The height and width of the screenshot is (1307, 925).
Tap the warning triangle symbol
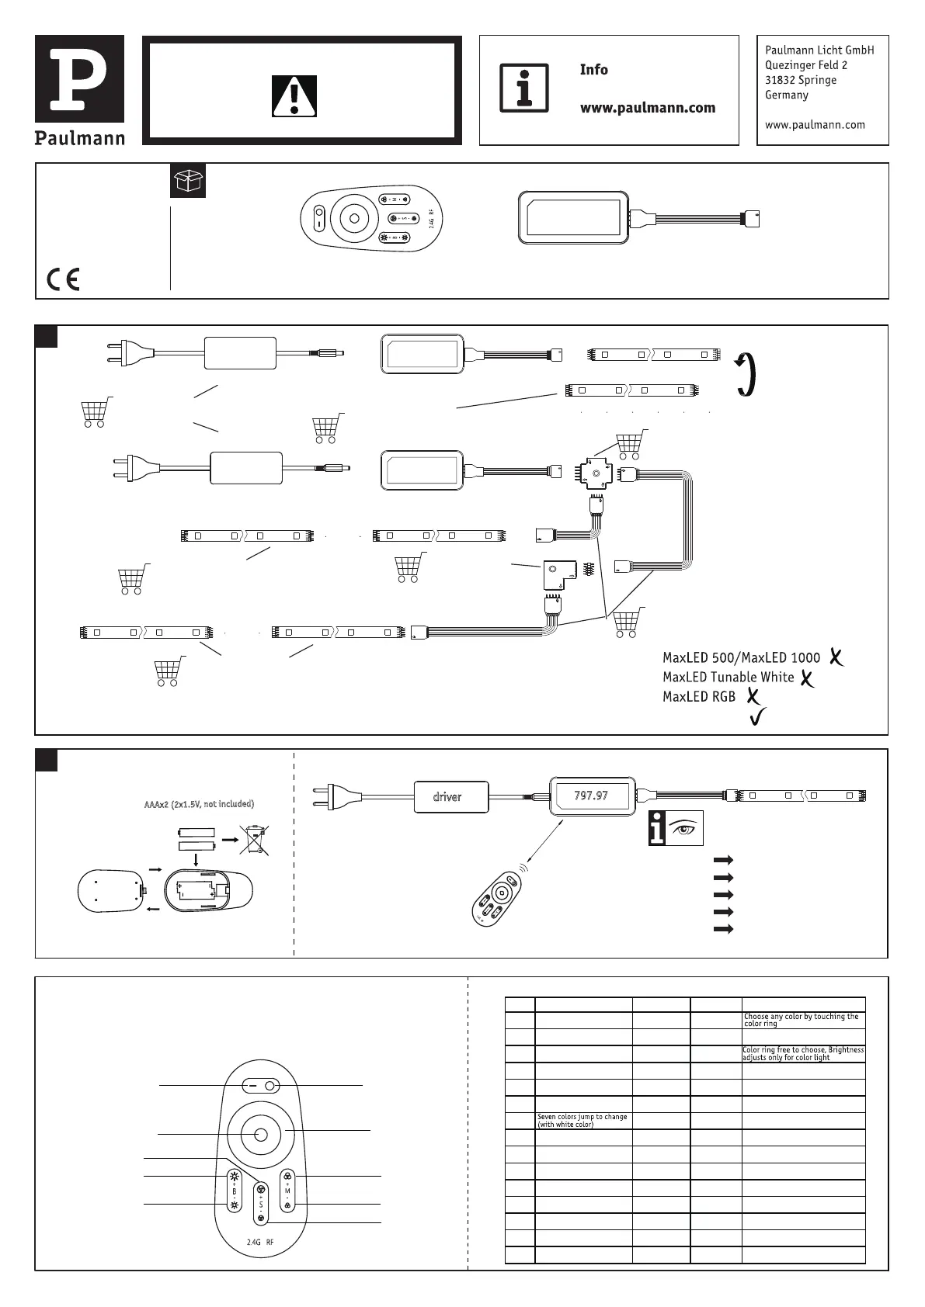click(x=294, y=96)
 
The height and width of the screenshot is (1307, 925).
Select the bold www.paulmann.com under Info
click(x=647, y=108)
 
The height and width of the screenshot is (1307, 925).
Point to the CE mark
click(x=63, y=279)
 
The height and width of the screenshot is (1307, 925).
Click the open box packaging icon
click(x=187, y=181)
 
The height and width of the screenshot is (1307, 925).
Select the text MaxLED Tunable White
click(x=728, y=678)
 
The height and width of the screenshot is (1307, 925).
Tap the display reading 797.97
click(x=591, y=796)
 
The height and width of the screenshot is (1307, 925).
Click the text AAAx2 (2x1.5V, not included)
click(x=200, y=804)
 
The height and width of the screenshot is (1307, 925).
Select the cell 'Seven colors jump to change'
click(x=582, y=1120)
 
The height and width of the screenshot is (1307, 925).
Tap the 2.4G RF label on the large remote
click(x=260, y=1243)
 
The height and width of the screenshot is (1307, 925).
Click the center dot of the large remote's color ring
click(x=261, y=1134)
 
